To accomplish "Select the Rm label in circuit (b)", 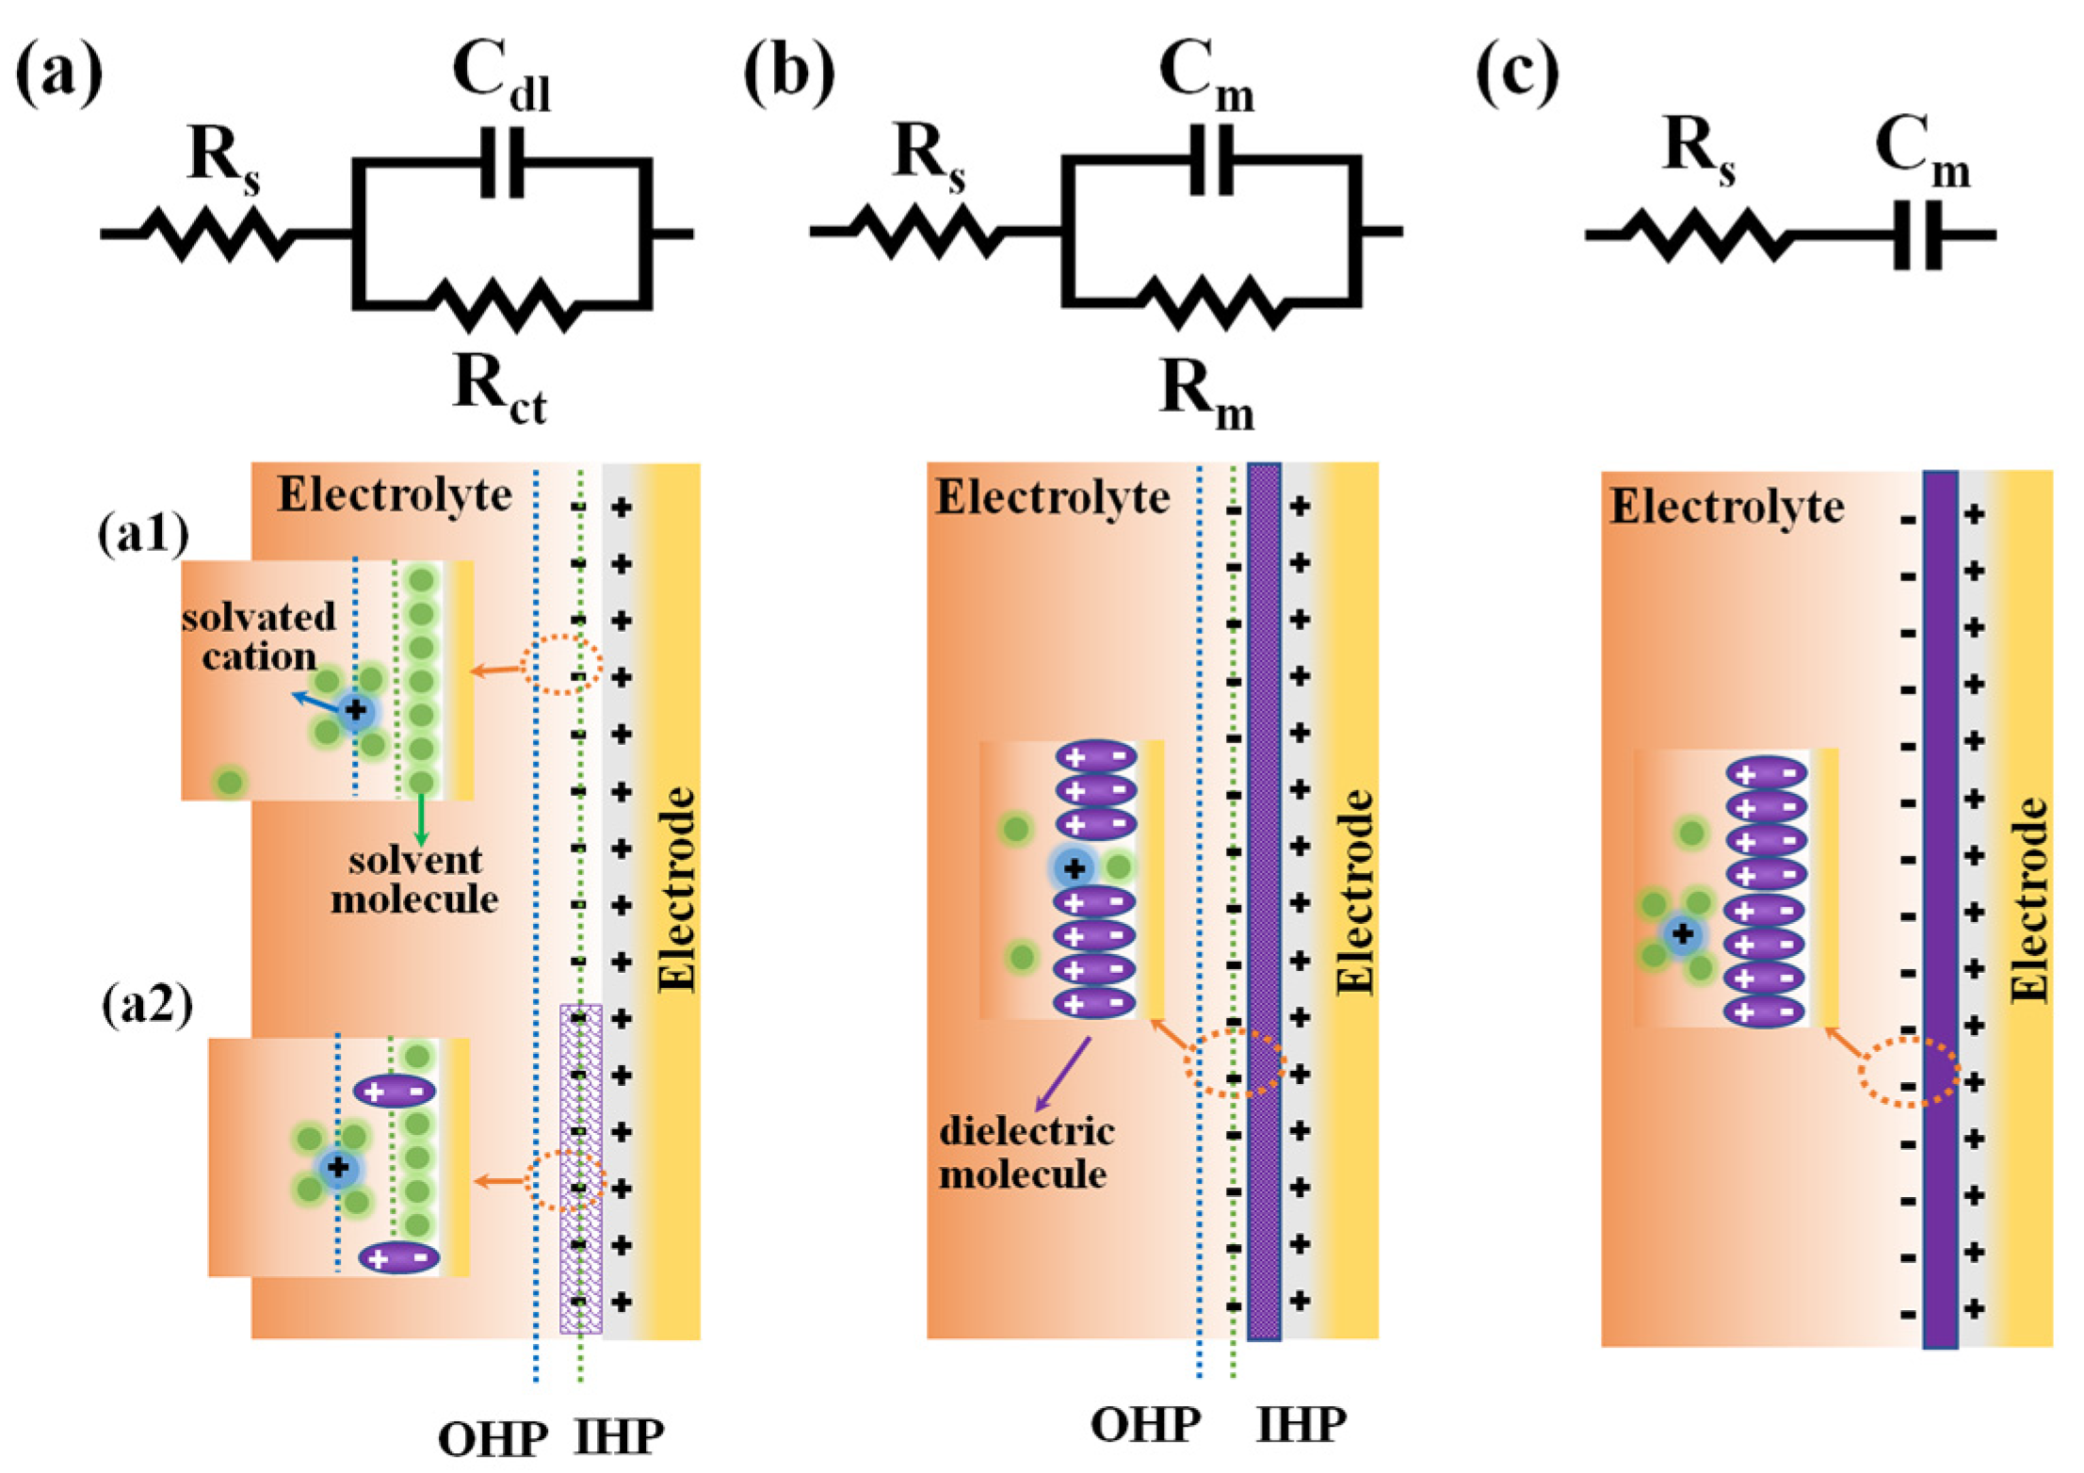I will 1206,393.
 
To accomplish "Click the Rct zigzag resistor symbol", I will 501,304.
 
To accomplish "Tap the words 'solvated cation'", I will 258,637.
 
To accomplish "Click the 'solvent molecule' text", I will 414,879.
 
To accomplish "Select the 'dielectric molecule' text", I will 1026,1152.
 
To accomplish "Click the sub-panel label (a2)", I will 147,1005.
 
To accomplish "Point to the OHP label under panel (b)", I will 1145,1425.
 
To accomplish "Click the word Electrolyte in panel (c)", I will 1726,508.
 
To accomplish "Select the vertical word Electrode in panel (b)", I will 1355,891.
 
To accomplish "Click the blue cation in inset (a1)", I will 355,709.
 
